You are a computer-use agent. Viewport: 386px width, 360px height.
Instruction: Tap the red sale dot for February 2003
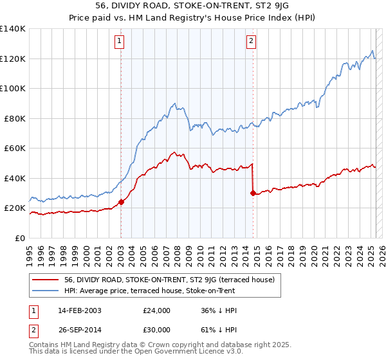(121, 203)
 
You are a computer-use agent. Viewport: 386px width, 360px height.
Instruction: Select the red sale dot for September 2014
(253, 193)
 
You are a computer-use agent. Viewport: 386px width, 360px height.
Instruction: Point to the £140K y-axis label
(14, 29)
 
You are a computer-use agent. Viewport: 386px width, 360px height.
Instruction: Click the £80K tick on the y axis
(16, 118)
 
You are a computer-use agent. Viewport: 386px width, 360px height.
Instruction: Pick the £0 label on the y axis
(21, 238)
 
